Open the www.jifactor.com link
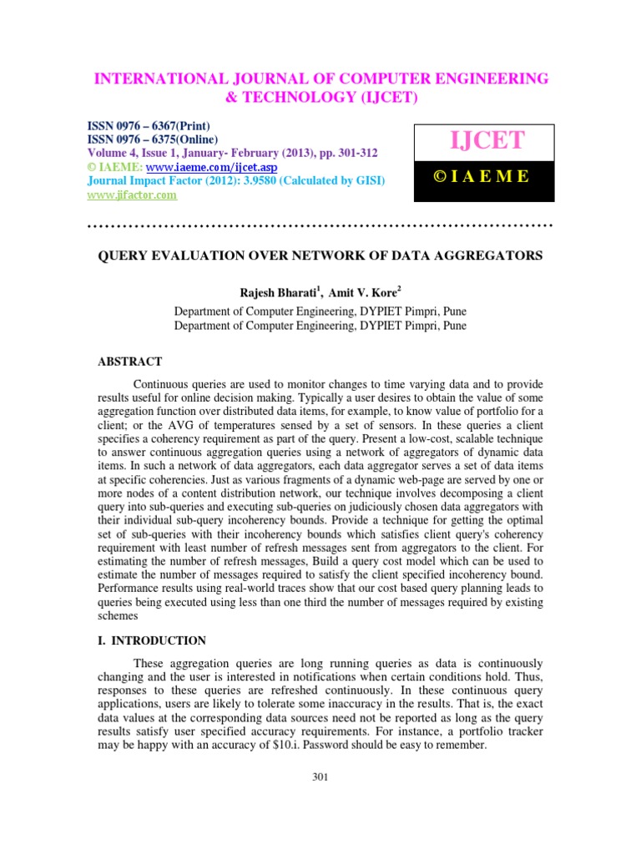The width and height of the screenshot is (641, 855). click(x=133, y=195)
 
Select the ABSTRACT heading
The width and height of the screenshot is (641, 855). click(x=130, y=362)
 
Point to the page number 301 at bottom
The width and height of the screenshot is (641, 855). click(x=320, y=777)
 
